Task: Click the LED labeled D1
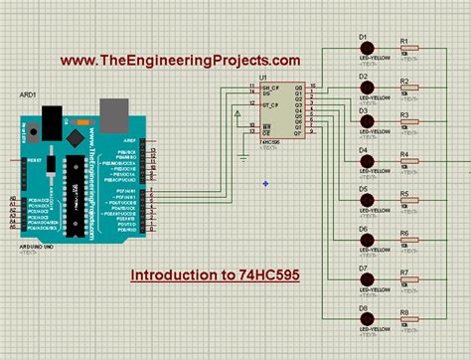pyautogui.click(x=367, y=47)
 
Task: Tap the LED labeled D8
pyautogui.click(x=367, y=320)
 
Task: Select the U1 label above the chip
pyautogui.click(x=264, y=77)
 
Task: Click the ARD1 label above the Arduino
pyautogui.click(x=30, y=95)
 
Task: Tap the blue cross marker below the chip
pyautogui.click(x=266, y=182)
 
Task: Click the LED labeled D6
pyautogui.click(x=367, y=240)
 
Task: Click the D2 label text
pyautogui.click(x=364, y=75)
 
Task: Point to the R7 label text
pyautogui.click(x=404, y=271)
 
